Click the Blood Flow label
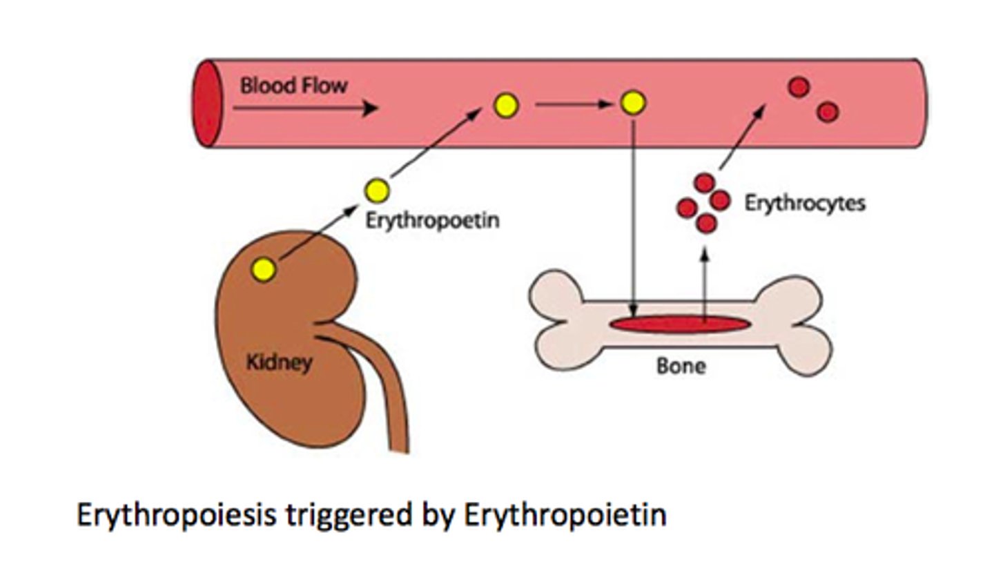point(293,86)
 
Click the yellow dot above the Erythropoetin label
point(377,190)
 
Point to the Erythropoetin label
point(431,221)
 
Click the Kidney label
point(279,362)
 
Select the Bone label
point(681,365)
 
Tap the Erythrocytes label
point(804,204)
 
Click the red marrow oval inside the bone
point(679,324)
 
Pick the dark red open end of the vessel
point(206,104)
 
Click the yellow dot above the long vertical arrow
point(632,103)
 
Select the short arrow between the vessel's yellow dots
point(573,105)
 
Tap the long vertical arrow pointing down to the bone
point(634,221)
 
